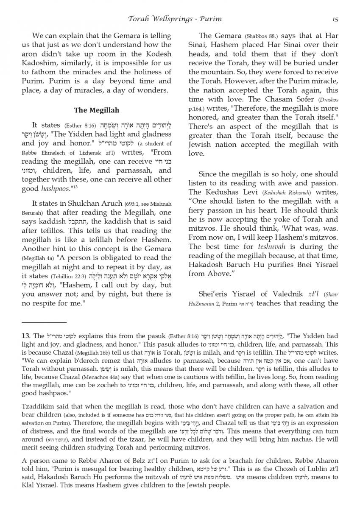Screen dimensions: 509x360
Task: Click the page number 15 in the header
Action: coord(335,19)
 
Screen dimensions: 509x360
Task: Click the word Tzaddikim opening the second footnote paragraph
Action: coord(37,406)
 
